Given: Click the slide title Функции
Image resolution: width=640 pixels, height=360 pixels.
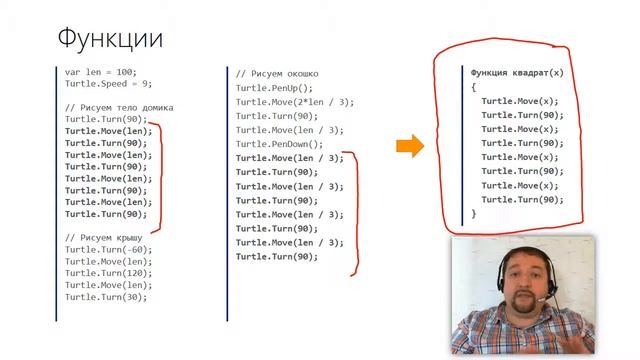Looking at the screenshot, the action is [110, 39].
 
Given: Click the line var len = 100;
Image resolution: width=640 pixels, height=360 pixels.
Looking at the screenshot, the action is [100, 72].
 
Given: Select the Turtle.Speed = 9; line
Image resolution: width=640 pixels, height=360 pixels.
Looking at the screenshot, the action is [108, 84].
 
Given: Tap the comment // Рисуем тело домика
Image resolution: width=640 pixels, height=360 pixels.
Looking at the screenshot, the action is [119, 108].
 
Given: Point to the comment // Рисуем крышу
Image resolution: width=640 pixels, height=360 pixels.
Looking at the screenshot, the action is [104, 238].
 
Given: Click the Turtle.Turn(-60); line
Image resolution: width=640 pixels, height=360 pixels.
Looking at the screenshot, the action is [108, 249].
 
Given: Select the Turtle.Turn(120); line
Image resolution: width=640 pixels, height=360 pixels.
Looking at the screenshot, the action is [108, 273].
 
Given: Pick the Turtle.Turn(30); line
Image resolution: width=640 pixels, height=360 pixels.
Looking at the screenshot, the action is [106, 297].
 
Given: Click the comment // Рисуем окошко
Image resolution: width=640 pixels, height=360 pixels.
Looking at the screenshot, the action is [277, 74].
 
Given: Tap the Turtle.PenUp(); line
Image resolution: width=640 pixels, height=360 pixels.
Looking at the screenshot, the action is [274, 88].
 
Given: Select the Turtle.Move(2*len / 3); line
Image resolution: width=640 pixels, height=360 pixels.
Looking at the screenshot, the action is [295, 102].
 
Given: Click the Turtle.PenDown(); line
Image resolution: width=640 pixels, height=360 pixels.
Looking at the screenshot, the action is [279, 144].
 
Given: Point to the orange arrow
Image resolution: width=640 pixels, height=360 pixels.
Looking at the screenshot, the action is [410, 146].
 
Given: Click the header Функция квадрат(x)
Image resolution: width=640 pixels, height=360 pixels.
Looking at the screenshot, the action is [517, 73].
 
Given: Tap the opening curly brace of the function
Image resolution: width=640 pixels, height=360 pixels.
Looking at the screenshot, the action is [473, 87].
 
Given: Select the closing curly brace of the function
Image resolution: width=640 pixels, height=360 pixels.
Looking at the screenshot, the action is [473, 213].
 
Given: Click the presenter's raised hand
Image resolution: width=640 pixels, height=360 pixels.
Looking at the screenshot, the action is [568, 338].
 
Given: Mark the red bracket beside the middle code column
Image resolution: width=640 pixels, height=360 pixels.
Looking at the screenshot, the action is [356, 212].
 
